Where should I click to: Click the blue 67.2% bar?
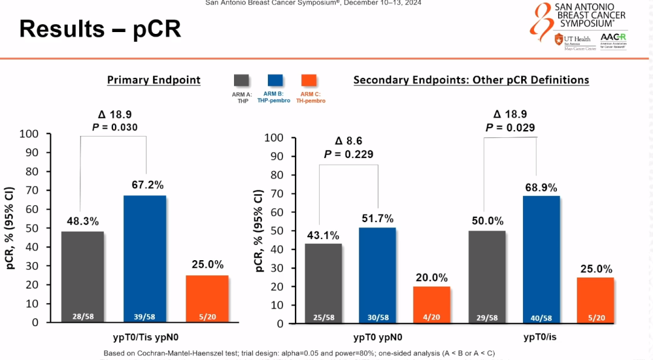(145, 254)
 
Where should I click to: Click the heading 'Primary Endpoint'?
(154, 80)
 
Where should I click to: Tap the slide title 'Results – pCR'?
(100, 28)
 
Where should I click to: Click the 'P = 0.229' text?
(348, 154)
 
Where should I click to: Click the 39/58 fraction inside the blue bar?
(145, 316)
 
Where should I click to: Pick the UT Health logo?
(574, 42)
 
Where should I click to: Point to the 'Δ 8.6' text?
(348, 141)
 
